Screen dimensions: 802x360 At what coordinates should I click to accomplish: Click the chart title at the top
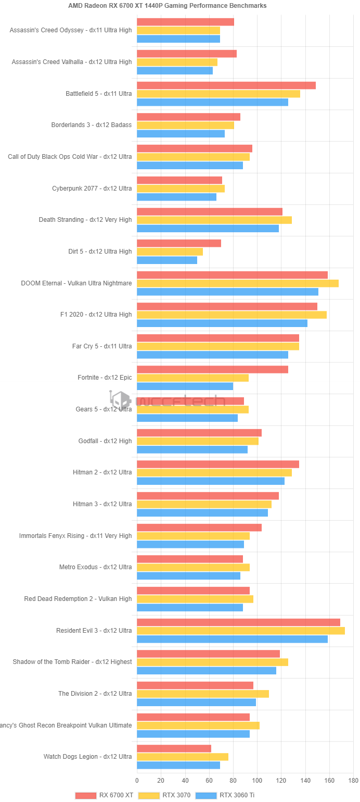168,6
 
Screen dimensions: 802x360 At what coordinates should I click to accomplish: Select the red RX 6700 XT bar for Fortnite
212,369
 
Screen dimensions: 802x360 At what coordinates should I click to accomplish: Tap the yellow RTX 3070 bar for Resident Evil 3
240,631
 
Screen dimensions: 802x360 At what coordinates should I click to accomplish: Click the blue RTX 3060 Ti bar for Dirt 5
167,260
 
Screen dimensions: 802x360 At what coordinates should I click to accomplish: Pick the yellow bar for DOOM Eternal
237,283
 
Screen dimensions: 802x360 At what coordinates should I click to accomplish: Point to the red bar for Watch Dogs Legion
174,748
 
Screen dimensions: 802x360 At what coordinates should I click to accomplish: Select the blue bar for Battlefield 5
212,102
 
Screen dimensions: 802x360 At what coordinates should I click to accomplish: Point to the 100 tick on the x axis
257,781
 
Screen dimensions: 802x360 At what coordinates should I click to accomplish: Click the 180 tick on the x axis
353,781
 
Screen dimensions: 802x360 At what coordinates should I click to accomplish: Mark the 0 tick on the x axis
137,781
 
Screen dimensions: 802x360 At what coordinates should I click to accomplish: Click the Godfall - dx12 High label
105,441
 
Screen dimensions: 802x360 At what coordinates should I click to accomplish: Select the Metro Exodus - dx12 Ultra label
95,567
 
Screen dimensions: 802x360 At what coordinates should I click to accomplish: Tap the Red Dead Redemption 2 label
78,599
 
